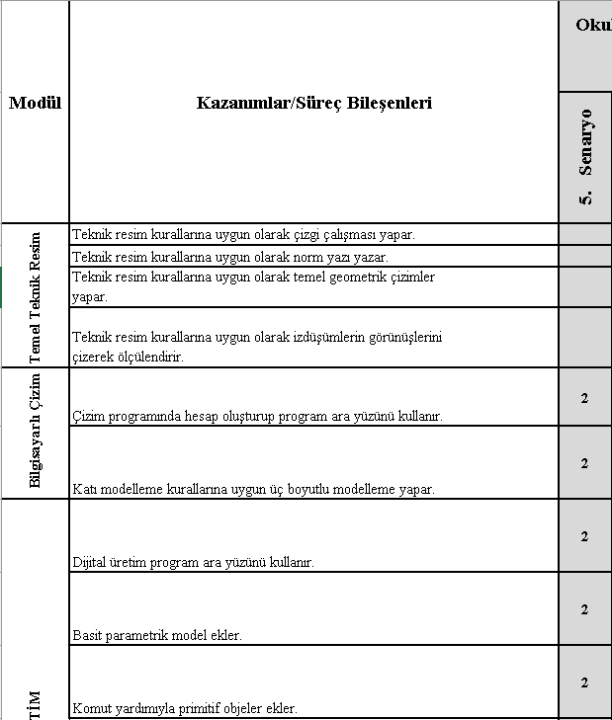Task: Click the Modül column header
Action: (x=36, y=103)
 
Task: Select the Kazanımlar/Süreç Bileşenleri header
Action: (x=314, y=103)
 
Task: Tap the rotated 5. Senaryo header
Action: (x=586, y=157)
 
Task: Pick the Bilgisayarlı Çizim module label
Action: (x=36, y=432)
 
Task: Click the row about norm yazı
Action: (x=230, y=257)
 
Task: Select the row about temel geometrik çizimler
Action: (x=254, y=286)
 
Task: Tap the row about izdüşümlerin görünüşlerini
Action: (x=257, y=347)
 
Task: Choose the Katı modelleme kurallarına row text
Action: (x=254, y=489)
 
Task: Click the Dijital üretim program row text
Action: (x=194, y=562)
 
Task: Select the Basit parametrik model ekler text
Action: (x=158, y=635)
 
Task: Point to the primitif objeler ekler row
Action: (x=185, y=708)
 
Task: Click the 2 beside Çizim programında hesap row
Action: (x=585, y=398)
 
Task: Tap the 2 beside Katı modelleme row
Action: (x=585, y=463)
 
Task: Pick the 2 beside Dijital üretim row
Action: (x=585, y=536)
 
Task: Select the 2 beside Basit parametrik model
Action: (x=585, y=609)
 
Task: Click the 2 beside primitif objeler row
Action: (x=585, y=682)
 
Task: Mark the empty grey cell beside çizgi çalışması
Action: (x=585, y=234)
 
